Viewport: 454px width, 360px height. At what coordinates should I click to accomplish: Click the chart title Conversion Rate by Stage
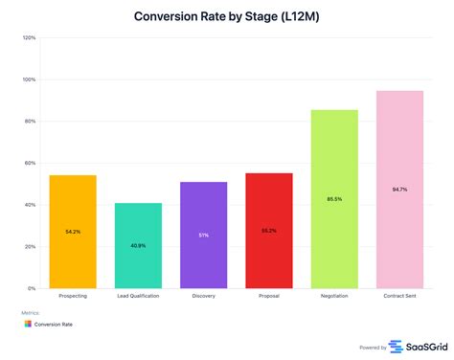tap(226, 16)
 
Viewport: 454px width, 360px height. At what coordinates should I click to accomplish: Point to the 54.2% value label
tap(74, 233)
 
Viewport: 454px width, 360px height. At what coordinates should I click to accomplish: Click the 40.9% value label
tap(138, 246)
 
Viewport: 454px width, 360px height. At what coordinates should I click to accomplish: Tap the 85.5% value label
tap(333, 199)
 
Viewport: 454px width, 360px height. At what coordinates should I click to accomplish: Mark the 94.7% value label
tap(398, 190)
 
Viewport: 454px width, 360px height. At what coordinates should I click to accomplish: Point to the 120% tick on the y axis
tap(29, 38)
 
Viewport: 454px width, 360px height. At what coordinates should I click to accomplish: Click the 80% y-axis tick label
tap(30, 122)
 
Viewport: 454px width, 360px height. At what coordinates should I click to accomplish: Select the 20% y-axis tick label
tap(30, 246)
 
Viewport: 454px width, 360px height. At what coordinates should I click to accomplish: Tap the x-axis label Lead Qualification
tap(138, 297)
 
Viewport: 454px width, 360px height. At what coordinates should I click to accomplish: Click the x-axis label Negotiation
tap(333, 297)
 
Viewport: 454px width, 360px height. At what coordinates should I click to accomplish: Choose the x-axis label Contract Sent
tap(398, 297)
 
